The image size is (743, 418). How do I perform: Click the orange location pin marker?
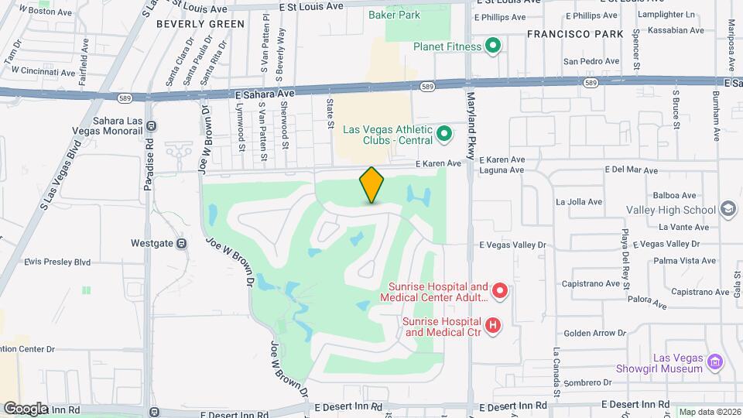[x=372, y=185]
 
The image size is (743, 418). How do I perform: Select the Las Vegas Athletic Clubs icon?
[x=444, y=135]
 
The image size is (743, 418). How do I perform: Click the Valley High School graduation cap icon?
[x=728, y=210]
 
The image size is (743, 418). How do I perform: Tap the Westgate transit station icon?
[x=181, y=243]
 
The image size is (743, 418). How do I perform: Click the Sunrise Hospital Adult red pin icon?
[x=500, y=292]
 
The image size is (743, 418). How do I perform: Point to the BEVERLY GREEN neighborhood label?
[x=200, y=24]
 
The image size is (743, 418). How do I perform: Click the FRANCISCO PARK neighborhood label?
[x=574, y=34]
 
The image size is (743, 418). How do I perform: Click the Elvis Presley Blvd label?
[x=58, y=262]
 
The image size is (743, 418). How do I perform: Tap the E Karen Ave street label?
[x=438, y=163]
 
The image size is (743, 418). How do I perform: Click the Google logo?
[x=26, y=408]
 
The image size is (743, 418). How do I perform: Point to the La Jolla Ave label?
[x=579, y=202]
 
